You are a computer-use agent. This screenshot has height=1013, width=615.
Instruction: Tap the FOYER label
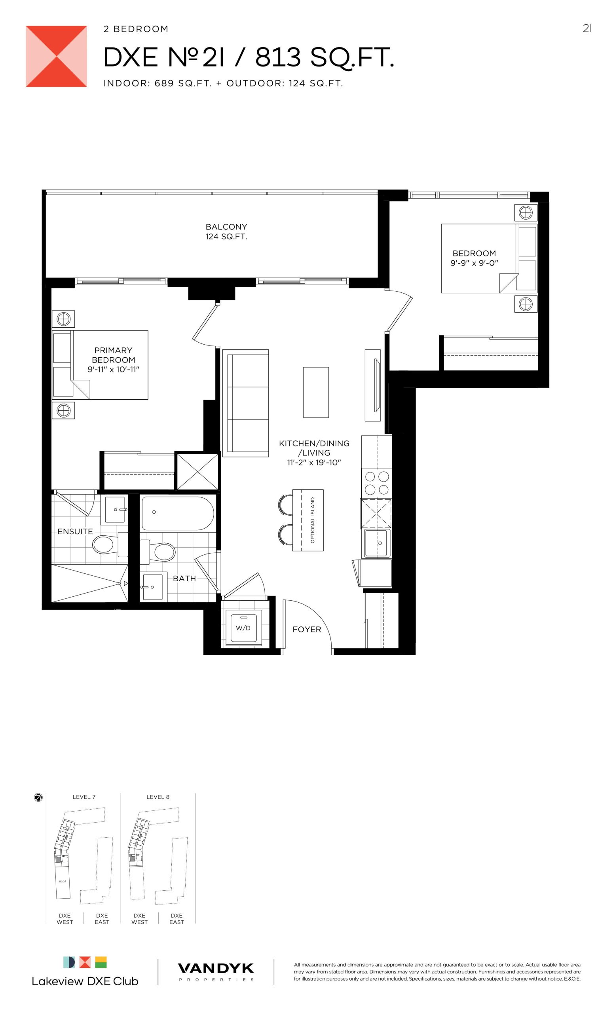pyautogui.click(x=307, y=630)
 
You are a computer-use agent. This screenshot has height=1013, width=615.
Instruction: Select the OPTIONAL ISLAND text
pyautogui.click(x=312, y=520)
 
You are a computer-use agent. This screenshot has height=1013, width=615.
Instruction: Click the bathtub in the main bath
pyautogui.click(x=178, y=514)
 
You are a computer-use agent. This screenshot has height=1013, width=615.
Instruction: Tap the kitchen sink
pyautogui.click(x=377, y=543)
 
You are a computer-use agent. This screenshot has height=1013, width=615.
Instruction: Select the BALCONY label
pyautogui.click(x=226, y=227)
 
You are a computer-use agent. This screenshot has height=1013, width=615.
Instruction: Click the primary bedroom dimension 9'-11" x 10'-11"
pyautogui.click(x=114, y=369)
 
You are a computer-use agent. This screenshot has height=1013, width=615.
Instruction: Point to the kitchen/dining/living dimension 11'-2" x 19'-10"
pyautogui.click(x=314, y=463)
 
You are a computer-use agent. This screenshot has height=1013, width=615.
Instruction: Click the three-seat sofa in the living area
pyautogui.click(x=245, y=403)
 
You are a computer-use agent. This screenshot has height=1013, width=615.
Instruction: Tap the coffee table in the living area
pyautogui.click(x=316, y=392)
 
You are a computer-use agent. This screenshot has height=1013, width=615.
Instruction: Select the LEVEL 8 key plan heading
pyautogui.click(x=158, y=797)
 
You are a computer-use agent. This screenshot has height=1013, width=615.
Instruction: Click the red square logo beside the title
pyautogui.click(x=56, y=56)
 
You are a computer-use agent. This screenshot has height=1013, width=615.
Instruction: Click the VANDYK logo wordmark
pyautogui.click(x=216, y=969)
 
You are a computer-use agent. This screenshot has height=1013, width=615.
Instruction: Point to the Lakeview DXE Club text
pyautogui.click(x=85, y=981)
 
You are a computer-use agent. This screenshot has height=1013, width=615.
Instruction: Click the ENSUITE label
pyautogui.click(x=75, y=531)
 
